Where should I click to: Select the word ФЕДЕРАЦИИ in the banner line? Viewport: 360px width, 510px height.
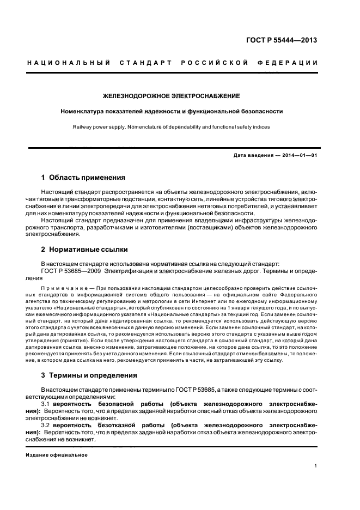pos(295,63)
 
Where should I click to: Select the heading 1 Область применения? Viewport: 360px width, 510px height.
pos(83,178)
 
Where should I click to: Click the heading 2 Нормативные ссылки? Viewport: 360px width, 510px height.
pos(84,250)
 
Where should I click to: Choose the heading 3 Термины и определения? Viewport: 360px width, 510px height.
pos(89,375)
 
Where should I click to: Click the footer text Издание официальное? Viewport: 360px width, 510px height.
pos(57,455)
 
